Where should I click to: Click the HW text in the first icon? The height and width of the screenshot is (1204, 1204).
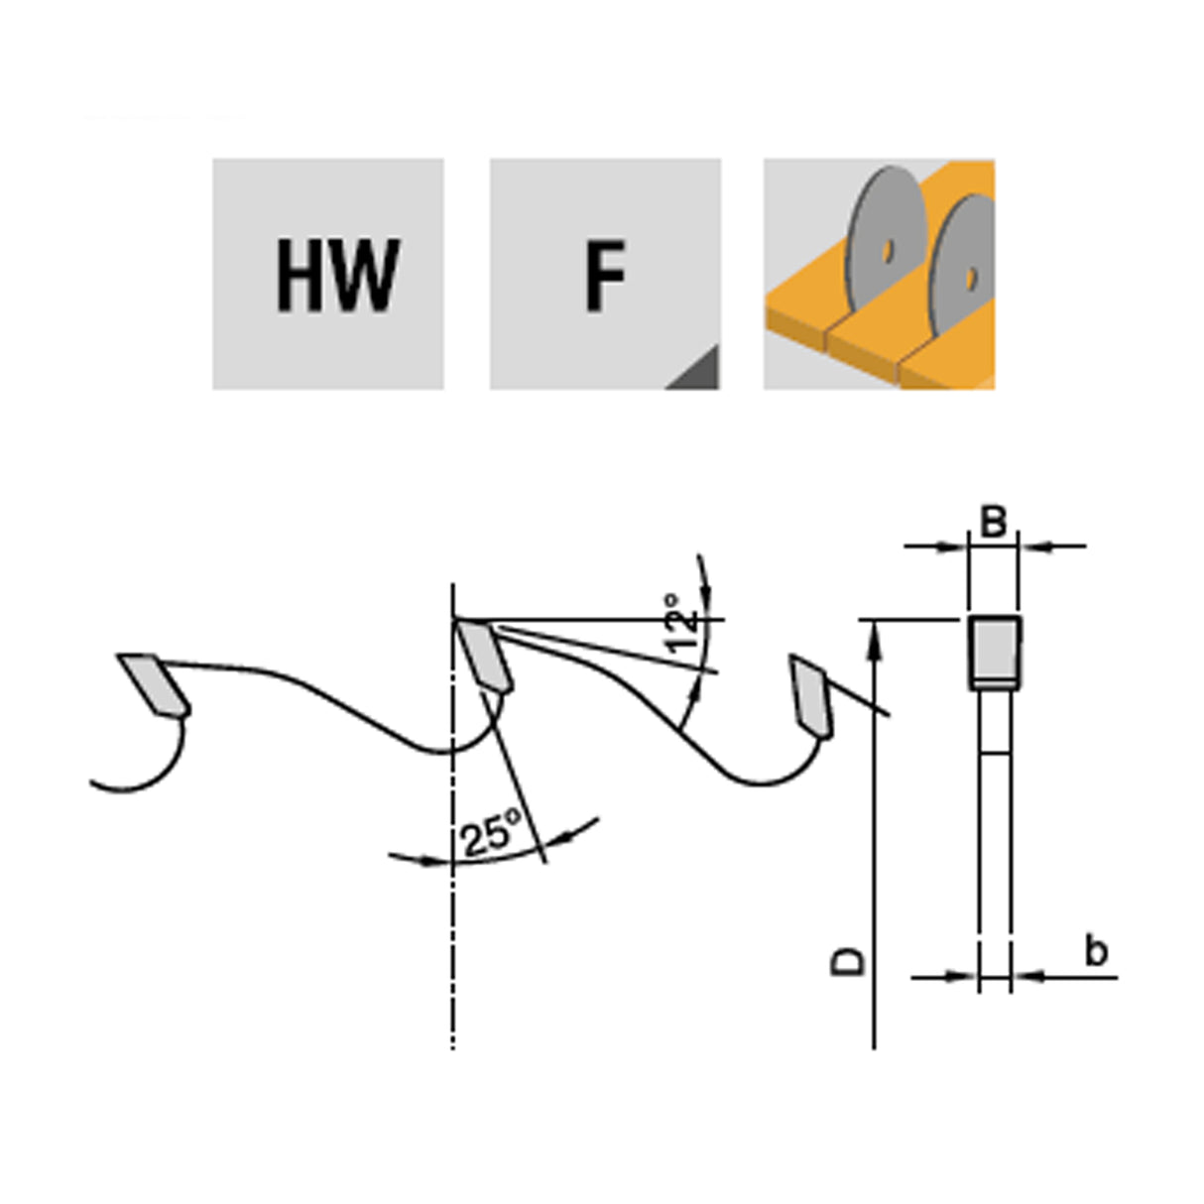click(x=337, y=275)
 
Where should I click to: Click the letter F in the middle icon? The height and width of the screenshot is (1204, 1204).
click(x=604, y=275)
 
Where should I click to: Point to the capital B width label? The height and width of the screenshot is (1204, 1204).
click(x=993, y=522)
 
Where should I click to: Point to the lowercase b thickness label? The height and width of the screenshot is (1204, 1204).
click(x=1095, y=951)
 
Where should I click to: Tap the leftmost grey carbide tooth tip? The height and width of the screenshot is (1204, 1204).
click(x=154, y=683)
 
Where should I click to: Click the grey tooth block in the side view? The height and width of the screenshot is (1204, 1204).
click(x=994, y=649)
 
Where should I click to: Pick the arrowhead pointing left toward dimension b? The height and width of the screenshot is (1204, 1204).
click(x=1023, y=977)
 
